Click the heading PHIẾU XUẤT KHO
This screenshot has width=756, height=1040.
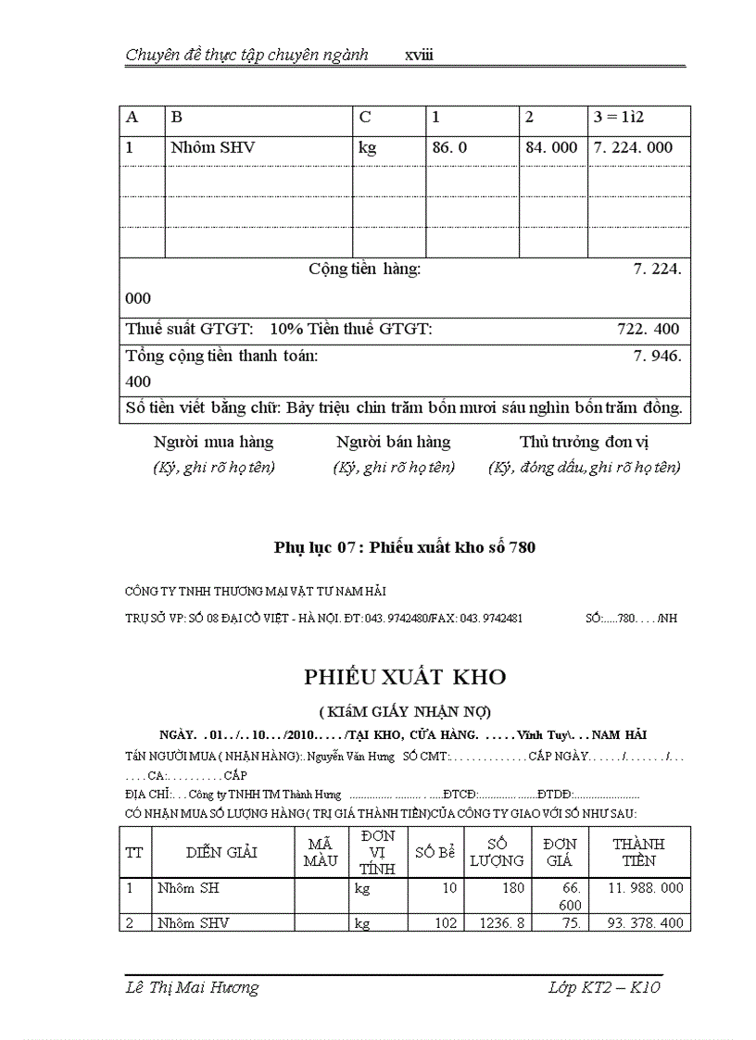405,677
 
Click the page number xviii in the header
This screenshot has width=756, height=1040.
419,56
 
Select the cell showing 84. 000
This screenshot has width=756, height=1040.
551,147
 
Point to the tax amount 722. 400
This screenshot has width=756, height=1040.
648,329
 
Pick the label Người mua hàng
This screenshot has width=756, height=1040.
213,442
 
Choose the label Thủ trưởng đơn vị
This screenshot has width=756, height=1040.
585,442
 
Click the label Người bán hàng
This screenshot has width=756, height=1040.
393,442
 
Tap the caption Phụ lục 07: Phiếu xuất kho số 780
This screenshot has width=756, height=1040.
405,547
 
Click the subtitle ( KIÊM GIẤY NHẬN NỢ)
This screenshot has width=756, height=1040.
405,711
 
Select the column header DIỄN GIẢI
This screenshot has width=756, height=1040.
221,852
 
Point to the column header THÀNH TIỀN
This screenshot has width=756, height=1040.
638,852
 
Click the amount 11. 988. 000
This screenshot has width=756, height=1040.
646,888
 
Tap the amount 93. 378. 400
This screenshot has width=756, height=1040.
646,922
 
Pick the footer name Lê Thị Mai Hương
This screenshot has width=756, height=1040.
192,987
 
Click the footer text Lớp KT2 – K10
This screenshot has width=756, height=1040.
604,987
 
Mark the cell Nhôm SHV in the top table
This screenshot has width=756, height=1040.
212,147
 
